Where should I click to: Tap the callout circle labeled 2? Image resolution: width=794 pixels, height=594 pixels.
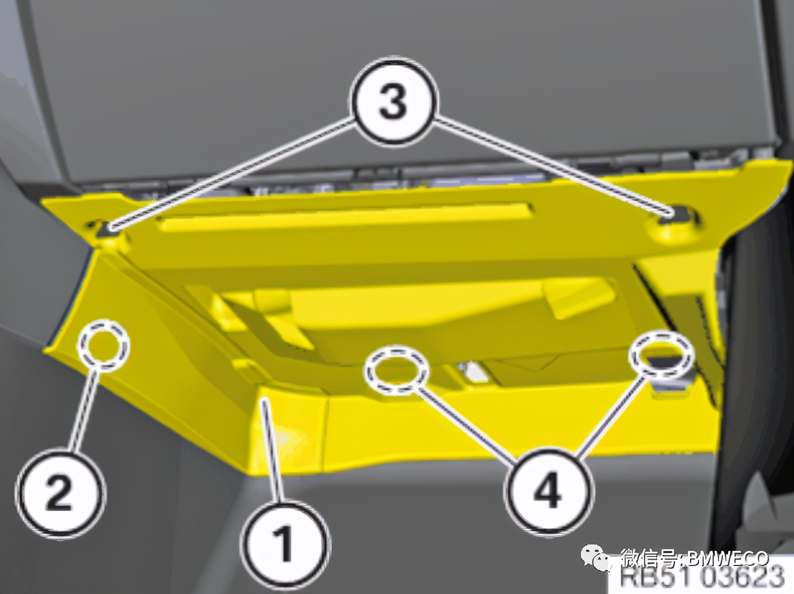point(60,492)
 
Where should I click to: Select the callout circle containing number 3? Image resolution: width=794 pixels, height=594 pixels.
point(393,102)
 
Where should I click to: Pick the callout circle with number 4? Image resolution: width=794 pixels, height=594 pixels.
point(549,494)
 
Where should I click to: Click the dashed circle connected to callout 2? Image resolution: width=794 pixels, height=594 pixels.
point(104,340)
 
